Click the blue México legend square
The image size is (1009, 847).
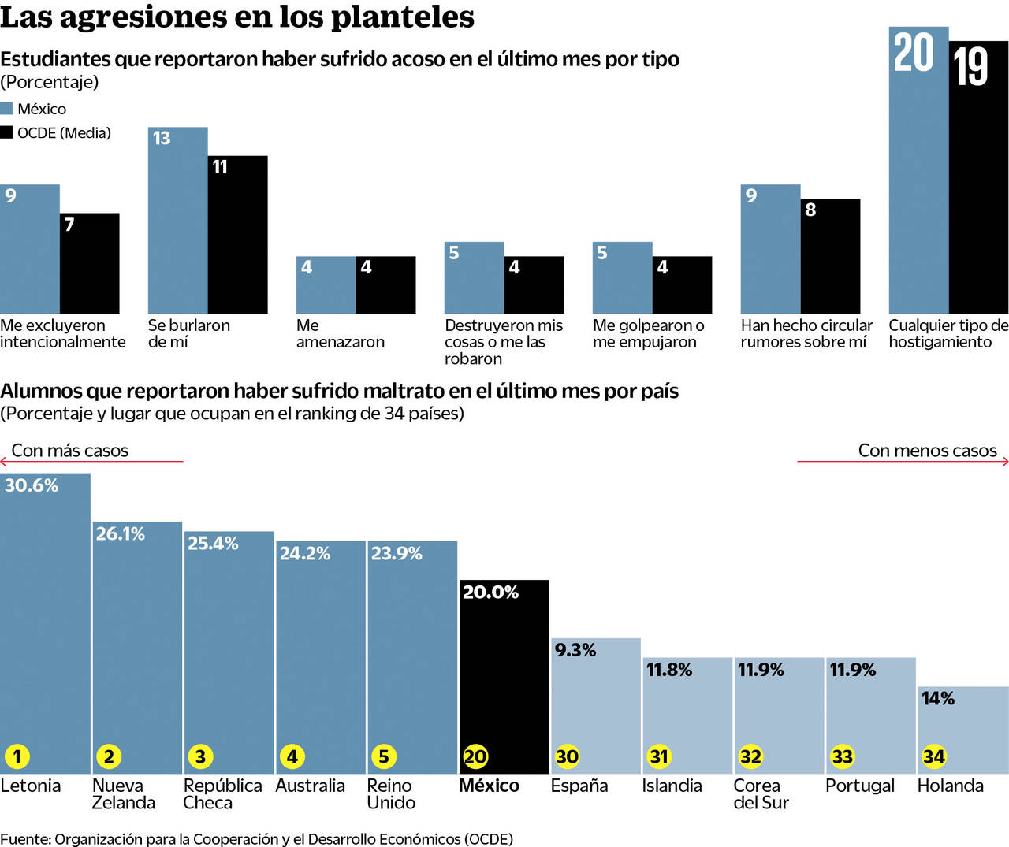(6, 109)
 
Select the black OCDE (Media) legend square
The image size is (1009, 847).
(6, 132)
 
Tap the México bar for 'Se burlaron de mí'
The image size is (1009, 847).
(178, 228)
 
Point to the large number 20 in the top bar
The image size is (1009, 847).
(913, 53)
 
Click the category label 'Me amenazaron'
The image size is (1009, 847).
(340, 333)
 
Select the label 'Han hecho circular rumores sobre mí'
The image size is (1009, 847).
(806, 333)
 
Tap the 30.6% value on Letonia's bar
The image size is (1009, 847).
(32, 485)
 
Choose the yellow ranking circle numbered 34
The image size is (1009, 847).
(934, 756)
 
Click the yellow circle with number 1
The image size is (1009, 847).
(17, 756)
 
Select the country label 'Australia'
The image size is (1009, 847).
(310, 786)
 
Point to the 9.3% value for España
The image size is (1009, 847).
(575, 650)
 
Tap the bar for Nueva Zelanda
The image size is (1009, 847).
(137, 646)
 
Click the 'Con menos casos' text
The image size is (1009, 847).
(927, 451)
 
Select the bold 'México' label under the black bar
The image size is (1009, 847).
(489, 786)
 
